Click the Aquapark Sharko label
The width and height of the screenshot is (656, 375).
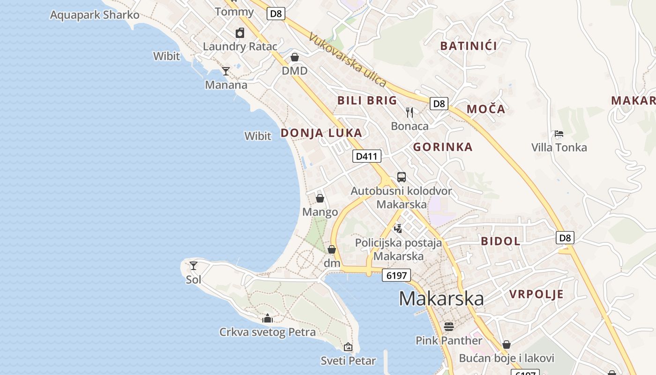click(95, 15)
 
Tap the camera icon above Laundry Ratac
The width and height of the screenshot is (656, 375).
click(240, 33)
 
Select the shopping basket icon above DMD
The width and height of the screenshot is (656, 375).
click(295, 57)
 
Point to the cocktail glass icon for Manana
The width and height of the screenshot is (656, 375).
click(226, 71)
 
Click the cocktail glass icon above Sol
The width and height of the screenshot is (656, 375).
click(193, 266)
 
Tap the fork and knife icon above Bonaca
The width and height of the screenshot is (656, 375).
click(410, 112)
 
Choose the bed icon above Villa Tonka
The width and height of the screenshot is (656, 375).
click(559, 134)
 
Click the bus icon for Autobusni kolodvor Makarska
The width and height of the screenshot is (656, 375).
click(402, 177)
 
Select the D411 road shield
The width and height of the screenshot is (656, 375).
click(366, 156)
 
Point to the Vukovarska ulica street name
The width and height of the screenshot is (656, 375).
click(348, 60)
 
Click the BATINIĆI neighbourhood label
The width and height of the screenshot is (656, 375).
click(469, 46)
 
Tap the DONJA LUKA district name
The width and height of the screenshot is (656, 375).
click(321, 133)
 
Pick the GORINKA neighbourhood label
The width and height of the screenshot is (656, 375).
click(443, 147)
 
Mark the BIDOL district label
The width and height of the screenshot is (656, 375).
click(500, 241)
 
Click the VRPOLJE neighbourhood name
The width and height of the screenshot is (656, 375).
click(537, 294)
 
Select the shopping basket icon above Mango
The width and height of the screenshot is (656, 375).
click(320, 198)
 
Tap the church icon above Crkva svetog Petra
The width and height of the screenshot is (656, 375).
click(268, 319)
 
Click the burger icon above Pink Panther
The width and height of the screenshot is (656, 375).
click(449, 326)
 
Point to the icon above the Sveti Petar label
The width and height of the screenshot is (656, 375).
click(348, 347)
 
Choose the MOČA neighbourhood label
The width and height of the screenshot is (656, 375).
click(486, 109)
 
